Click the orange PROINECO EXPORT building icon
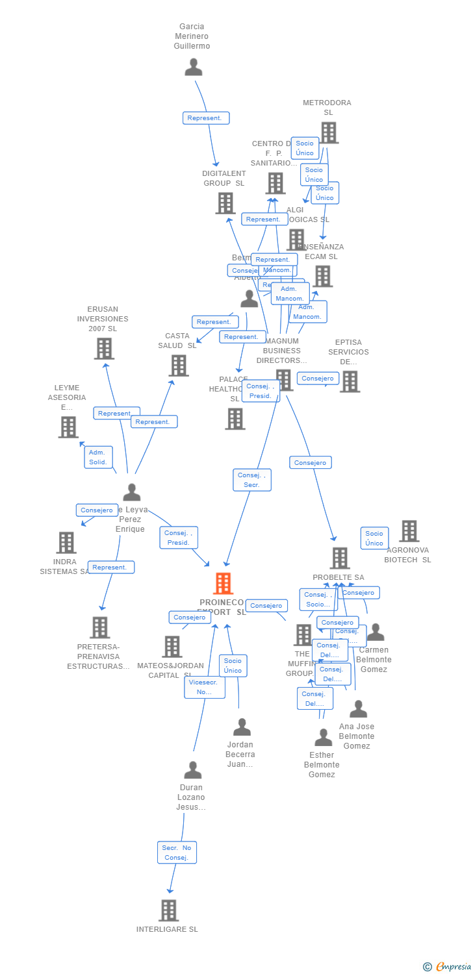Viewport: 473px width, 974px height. [223, 583]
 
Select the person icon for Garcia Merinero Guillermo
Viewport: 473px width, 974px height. [193, 67]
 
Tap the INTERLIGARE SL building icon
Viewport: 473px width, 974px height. [168, 910]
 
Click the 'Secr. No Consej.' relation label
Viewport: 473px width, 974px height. [177, 853]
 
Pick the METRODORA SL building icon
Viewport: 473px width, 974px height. [329, 132]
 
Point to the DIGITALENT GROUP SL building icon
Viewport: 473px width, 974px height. [225, 203]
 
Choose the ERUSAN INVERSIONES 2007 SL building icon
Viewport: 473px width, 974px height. [104, 349]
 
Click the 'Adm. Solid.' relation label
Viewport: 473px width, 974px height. [98, 457]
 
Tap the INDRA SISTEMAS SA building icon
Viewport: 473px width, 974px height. [66, 542]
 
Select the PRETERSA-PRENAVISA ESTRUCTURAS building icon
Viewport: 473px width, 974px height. [99, 627]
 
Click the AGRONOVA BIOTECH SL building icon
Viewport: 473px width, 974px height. [409, 531]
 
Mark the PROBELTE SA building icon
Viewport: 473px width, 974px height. [340, 558]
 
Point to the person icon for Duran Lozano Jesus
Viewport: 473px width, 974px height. [192, 770]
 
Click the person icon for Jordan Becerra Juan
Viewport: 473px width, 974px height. [242, 727]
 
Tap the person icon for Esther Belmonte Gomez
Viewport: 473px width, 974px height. [323, 738]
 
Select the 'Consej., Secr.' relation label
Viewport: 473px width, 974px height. [252, 480]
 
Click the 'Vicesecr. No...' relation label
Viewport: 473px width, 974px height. [205, 687]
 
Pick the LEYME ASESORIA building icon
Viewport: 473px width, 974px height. [68, 427]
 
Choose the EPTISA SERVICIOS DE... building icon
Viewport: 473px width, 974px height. [350, 381]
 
